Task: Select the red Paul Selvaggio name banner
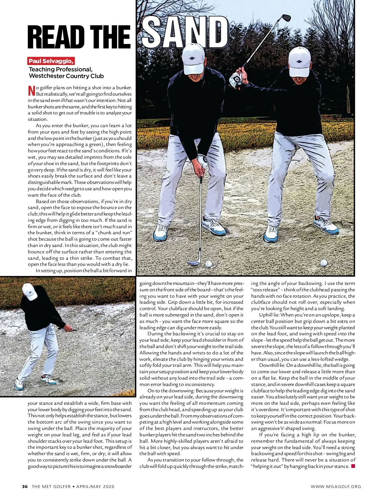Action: [x=51, y=61]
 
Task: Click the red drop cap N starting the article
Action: [x=31, y=91]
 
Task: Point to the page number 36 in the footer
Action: [x=25, y=486]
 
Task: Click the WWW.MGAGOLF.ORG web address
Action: [x=336, y=486]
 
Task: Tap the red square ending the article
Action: [x=353, y=466]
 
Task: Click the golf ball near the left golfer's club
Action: [x=208, y=264]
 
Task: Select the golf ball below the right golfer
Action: [x=324, y=262]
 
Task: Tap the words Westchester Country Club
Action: [x=66, y=76]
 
